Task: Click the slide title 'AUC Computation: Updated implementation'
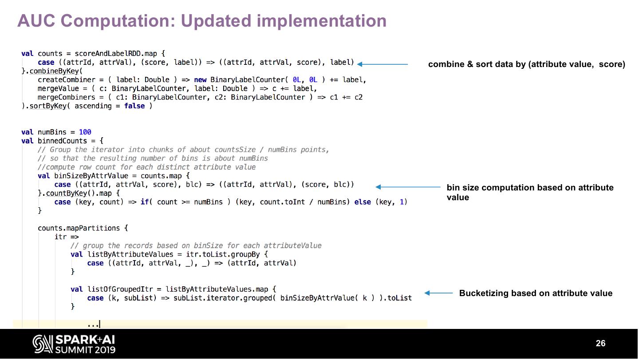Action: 202,21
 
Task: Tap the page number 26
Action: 600,344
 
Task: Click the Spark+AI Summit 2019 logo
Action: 74,344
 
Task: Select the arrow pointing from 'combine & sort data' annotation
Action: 382,64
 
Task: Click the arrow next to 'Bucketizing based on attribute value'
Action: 438,293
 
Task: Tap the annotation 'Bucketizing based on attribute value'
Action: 536,293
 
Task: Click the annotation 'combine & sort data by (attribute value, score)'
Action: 526,64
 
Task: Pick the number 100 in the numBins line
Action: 85,132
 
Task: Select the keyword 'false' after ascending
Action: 134,106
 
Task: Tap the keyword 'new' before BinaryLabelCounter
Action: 200,80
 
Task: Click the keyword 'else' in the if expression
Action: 363,202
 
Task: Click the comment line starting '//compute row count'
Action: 146,167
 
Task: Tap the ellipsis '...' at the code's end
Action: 93,324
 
